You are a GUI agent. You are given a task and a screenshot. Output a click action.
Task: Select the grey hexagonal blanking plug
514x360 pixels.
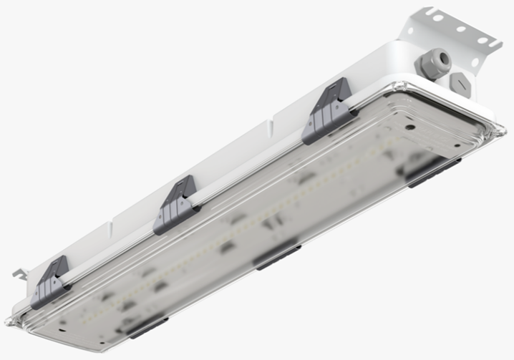click(460, 84)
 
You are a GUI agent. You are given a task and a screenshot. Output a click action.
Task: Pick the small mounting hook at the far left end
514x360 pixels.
click(19, 273)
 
